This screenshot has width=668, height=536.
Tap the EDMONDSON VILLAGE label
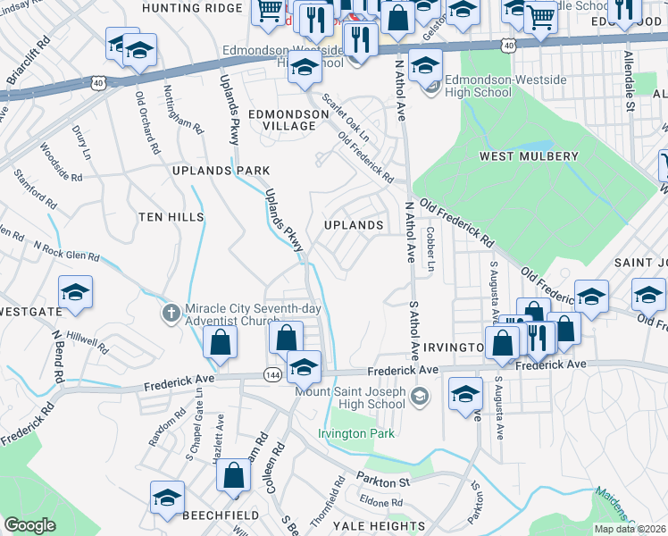point(282,120)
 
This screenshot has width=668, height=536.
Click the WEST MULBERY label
point(529,156)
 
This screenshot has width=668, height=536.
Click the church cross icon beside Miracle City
point(171,313)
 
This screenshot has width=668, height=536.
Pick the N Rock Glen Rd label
point(67,250)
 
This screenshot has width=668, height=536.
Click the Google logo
point(29,525)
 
